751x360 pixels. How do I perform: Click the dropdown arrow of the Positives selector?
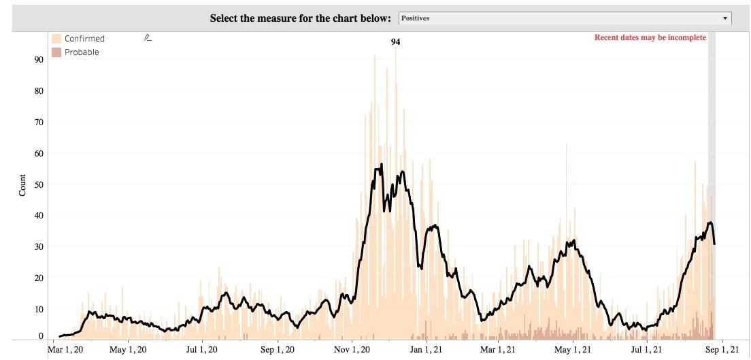click(725, 18)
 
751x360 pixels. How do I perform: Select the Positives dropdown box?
click(564, 18)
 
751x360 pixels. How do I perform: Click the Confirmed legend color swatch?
click(57, 39)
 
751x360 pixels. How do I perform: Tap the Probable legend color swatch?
click(57, 52)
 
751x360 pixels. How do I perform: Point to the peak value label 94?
click(395, 42)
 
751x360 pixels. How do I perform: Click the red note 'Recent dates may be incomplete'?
click(650, 37)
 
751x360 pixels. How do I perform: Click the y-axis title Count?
click(22, 185)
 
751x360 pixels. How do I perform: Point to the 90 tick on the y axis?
click(39, 60)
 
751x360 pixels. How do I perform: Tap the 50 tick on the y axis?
click(39, 184)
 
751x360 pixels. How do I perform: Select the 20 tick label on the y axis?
click(39, 278)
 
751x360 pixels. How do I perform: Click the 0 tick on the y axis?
click(41, 336)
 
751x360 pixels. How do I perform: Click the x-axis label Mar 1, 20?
click(65, 350)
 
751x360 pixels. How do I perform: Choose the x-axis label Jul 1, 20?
click(202, 350)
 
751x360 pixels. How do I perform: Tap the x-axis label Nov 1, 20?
click(352, 350)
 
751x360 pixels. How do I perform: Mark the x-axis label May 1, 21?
click(572, 350)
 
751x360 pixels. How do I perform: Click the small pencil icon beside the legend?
click(148, 38)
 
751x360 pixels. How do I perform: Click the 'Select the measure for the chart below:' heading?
click(301, 18)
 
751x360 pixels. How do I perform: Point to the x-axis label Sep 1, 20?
click(278, 350)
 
